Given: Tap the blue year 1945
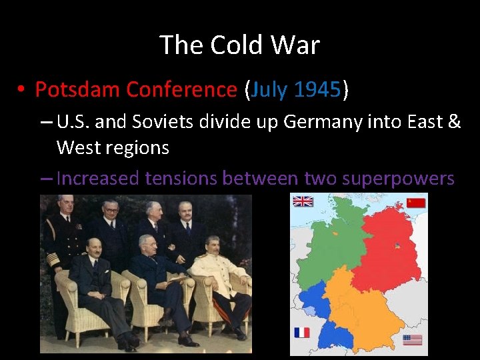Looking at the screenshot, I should point(317,89).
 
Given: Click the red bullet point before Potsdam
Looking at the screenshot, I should point(22,90).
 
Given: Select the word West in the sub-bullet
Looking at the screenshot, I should point(79,147).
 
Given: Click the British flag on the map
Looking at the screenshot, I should point(303,201).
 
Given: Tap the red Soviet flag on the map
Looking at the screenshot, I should point(416,203).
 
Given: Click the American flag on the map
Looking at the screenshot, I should point(413,340).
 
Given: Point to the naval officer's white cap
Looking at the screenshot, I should point(65,199).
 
